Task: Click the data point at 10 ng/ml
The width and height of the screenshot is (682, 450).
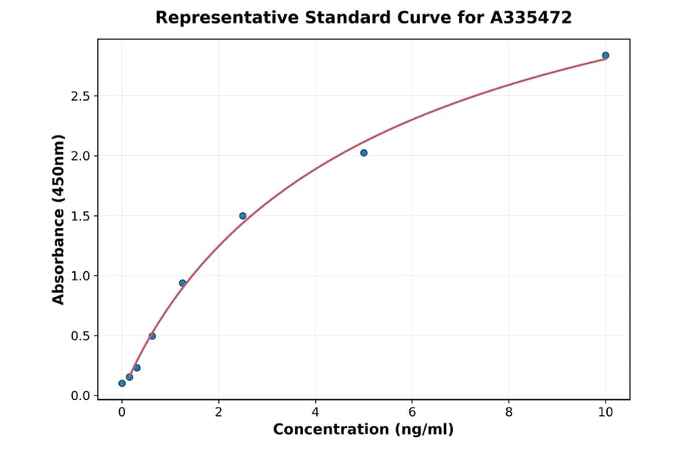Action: click(605, 55)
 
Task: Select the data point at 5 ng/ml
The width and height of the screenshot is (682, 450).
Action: click(364, 153)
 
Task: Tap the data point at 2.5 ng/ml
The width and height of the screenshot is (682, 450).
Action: click(242, 216)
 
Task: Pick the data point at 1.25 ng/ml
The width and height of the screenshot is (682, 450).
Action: click(183, 283)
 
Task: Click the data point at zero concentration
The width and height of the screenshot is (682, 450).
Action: click(122, 383)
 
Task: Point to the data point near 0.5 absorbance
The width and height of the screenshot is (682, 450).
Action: click(152, 336)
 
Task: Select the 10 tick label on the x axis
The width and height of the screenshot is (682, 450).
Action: click(605, 412)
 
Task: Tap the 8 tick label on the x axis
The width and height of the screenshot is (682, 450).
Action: click(508, 412)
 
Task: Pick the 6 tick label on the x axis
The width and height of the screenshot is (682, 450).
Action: click(412, 412)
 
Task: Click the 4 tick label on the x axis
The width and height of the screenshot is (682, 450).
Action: click(315, 412)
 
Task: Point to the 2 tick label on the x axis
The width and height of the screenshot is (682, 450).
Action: click(218, 412)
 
